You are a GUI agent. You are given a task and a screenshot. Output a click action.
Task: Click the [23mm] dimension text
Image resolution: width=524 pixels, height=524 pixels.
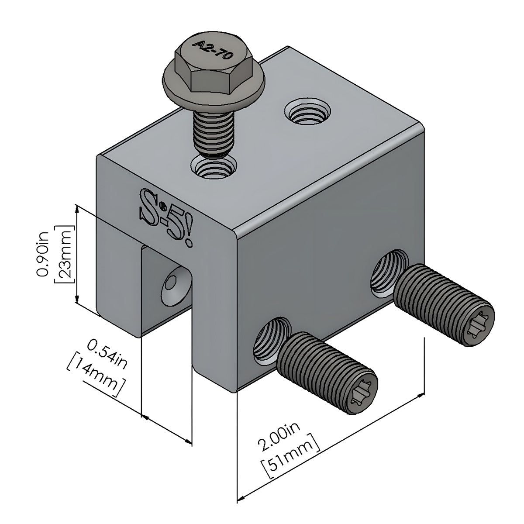pyautogui.click(x=62, y=255)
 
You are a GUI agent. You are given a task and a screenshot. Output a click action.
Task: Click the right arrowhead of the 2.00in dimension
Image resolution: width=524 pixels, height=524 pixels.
pyautogui.click(x=421, y=396)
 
